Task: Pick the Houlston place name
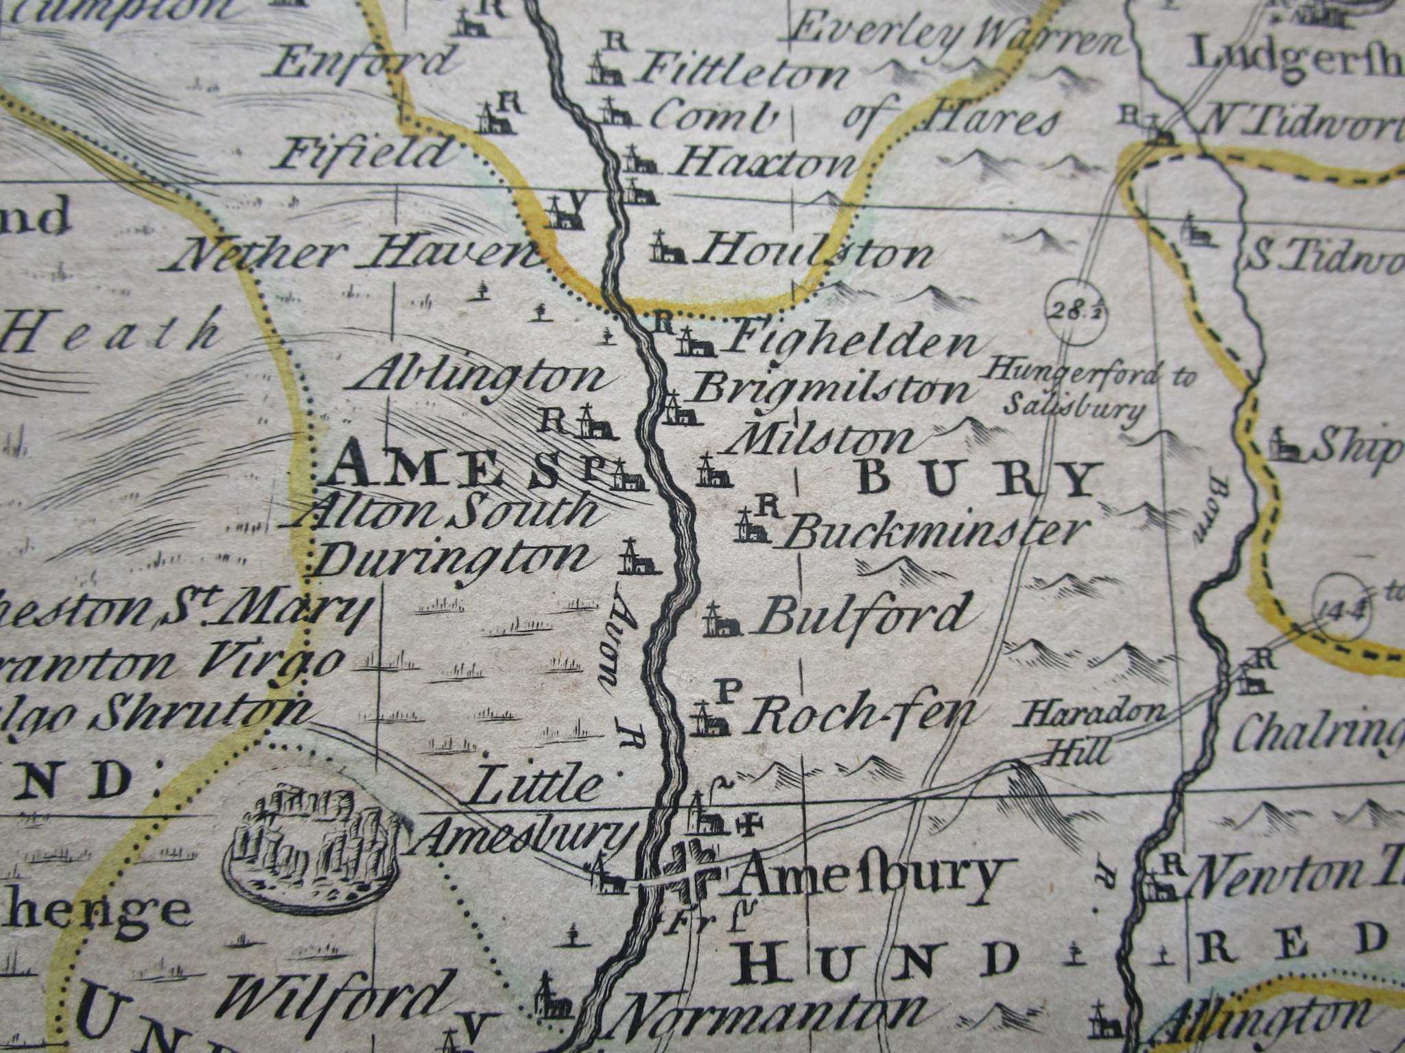[813, 252]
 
